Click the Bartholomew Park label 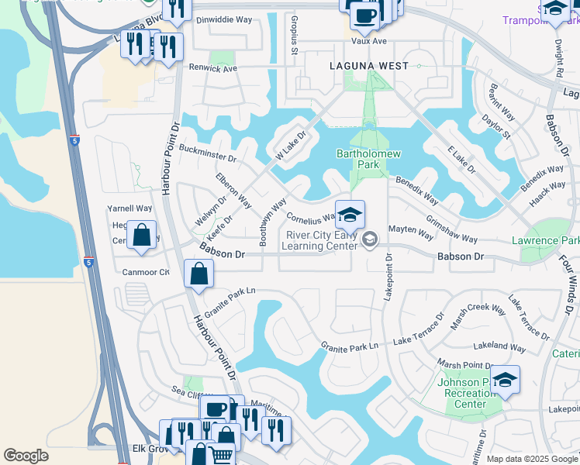pos(368,160)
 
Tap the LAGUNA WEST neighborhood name pos(368,67)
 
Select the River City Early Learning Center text pos(323,240)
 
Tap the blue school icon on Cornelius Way pos(350,215)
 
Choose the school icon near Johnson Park pos(504,380)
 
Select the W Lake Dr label pos(291,145)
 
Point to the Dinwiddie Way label pos(225,20)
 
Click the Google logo pos(26,456)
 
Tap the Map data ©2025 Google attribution pos(531,459)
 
